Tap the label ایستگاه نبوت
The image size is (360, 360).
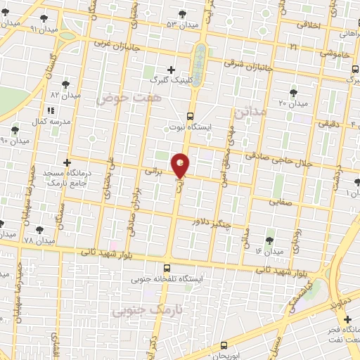191,128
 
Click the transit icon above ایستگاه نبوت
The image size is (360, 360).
190,116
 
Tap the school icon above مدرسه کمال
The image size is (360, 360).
50,110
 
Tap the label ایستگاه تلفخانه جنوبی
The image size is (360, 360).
167,279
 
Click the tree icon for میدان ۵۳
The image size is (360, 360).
183,13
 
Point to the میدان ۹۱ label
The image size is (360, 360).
24,29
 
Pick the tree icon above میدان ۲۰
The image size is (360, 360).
293,92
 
